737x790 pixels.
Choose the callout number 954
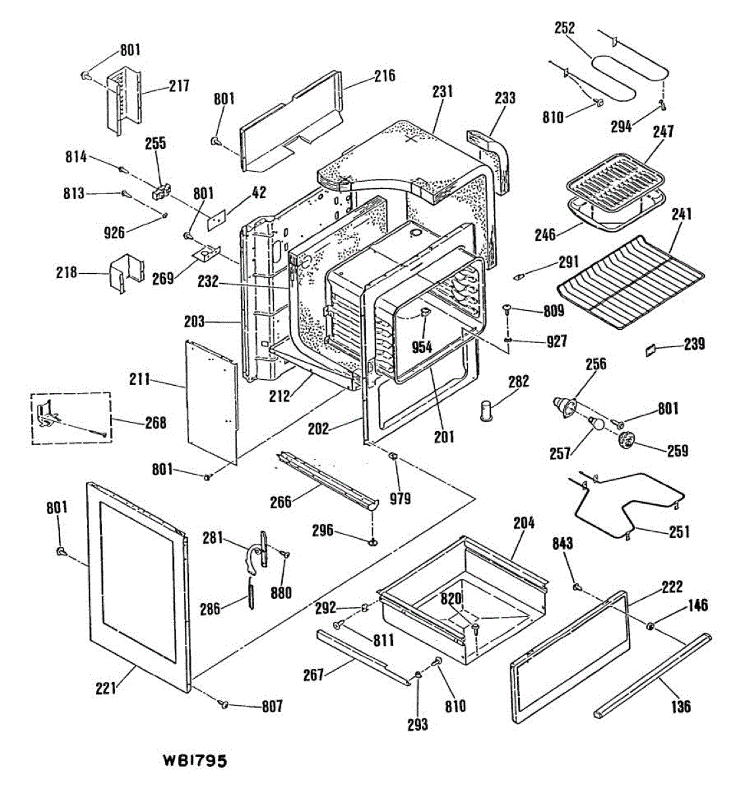click(421, 346)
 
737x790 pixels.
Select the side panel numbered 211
click(211, 402)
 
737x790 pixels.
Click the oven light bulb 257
click(597, 423)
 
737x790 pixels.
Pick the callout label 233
click(505, 97)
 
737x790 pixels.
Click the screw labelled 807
click(224, 705)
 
